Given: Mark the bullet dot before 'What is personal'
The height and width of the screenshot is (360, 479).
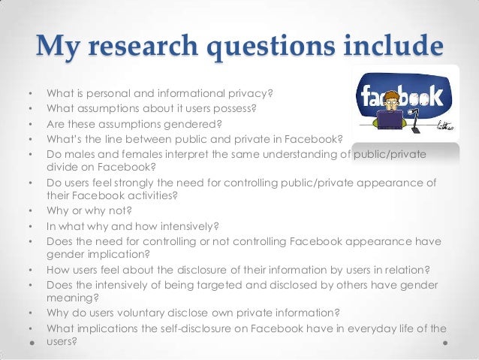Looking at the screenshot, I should (30, 95).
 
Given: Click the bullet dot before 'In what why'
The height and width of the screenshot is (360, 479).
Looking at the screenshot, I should (30, 227).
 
